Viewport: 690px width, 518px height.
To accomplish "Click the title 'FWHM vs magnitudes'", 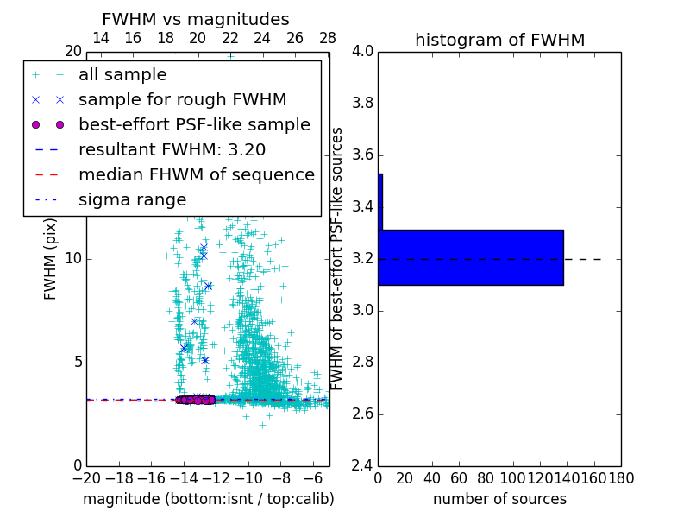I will [195, 20].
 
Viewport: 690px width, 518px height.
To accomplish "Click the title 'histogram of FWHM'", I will [499, 40].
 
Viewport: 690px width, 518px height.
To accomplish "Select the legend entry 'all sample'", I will [122, 75].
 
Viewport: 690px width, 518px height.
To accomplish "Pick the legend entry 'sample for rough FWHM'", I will [182, 99].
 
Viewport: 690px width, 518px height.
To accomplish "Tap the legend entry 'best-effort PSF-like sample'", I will [194, 124].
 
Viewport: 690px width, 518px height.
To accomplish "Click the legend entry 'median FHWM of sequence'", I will [196, 174].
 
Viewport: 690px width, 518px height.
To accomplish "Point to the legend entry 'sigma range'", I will [132, 199].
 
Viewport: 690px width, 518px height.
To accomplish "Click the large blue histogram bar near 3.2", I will [471, 257].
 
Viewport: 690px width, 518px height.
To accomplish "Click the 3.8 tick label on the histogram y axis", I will [361, 104].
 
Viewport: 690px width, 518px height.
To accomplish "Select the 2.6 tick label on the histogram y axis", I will [361, 414].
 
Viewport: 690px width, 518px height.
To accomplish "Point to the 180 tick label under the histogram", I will [621, 478].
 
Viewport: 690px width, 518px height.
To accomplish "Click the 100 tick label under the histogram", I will [513, 478].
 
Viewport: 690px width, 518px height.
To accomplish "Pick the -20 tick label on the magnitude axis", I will [86, 478].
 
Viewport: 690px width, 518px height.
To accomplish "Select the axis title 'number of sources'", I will [499, 499].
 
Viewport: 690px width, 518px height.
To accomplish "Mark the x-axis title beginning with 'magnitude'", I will [208, 499].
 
